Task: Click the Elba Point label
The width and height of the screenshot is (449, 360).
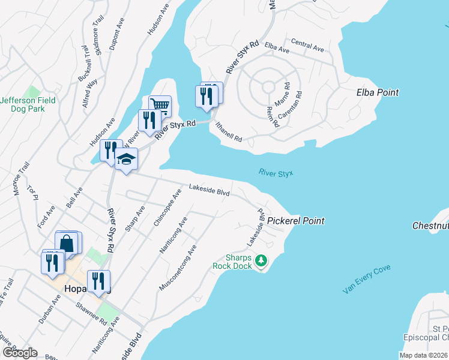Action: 378,92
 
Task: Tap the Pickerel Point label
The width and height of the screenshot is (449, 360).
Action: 296,221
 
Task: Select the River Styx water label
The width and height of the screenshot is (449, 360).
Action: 276,173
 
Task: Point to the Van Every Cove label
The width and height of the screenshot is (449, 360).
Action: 367,279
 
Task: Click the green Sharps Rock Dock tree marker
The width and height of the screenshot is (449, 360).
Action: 261,260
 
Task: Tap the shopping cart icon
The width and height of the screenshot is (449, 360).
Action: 160,106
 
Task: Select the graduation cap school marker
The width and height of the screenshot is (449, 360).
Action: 127,158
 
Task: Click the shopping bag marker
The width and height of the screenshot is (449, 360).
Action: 67,243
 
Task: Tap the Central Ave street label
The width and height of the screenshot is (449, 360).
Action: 307,46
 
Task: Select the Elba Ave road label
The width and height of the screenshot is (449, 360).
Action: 277,48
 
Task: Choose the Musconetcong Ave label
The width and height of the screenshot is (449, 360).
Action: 178,268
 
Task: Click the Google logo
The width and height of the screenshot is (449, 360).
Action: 19,353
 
